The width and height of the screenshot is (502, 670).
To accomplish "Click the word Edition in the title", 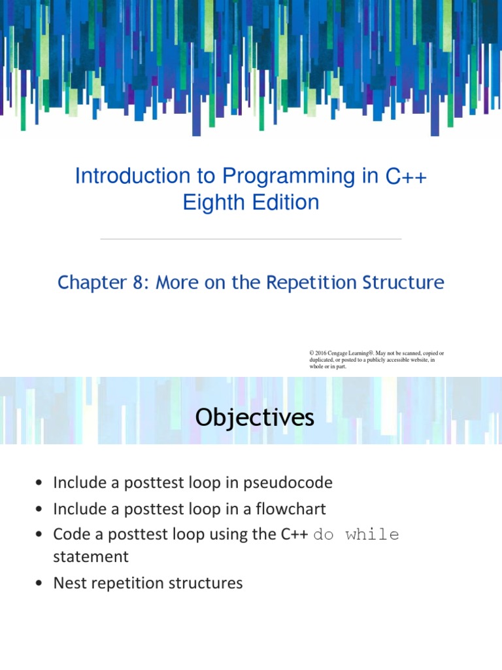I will click(x=286, y=202).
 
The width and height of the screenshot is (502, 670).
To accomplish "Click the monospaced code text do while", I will click(x=356, y=535).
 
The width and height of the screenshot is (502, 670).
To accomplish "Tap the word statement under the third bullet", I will click(x=91, y=557).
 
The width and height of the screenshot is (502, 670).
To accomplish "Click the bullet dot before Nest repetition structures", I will click(x=40, y=584).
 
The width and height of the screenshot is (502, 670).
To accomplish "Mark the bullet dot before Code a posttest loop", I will click(x=40, y=535).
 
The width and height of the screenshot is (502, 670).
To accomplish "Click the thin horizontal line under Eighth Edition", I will click(x=251, y=239).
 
